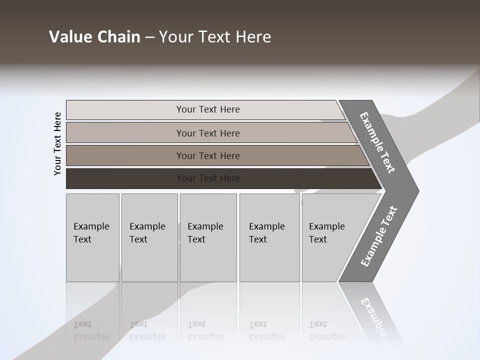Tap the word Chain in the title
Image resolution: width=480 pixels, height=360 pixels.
pos(119,37)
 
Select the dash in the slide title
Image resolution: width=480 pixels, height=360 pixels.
pos(149,37)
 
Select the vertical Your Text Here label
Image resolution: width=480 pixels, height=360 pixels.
pos(57,143)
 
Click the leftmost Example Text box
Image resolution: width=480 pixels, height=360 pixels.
pos(92,237)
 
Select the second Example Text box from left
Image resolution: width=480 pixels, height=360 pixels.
pos(149,237)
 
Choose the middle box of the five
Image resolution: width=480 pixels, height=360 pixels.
pos(208,237)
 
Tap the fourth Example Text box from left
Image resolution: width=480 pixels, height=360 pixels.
pos(269,237)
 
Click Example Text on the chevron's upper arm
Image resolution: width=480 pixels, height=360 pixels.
pos(377,142)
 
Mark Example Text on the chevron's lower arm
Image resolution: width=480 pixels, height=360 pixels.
pos(378,236)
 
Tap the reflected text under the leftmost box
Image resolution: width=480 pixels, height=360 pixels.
pos(91,330)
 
